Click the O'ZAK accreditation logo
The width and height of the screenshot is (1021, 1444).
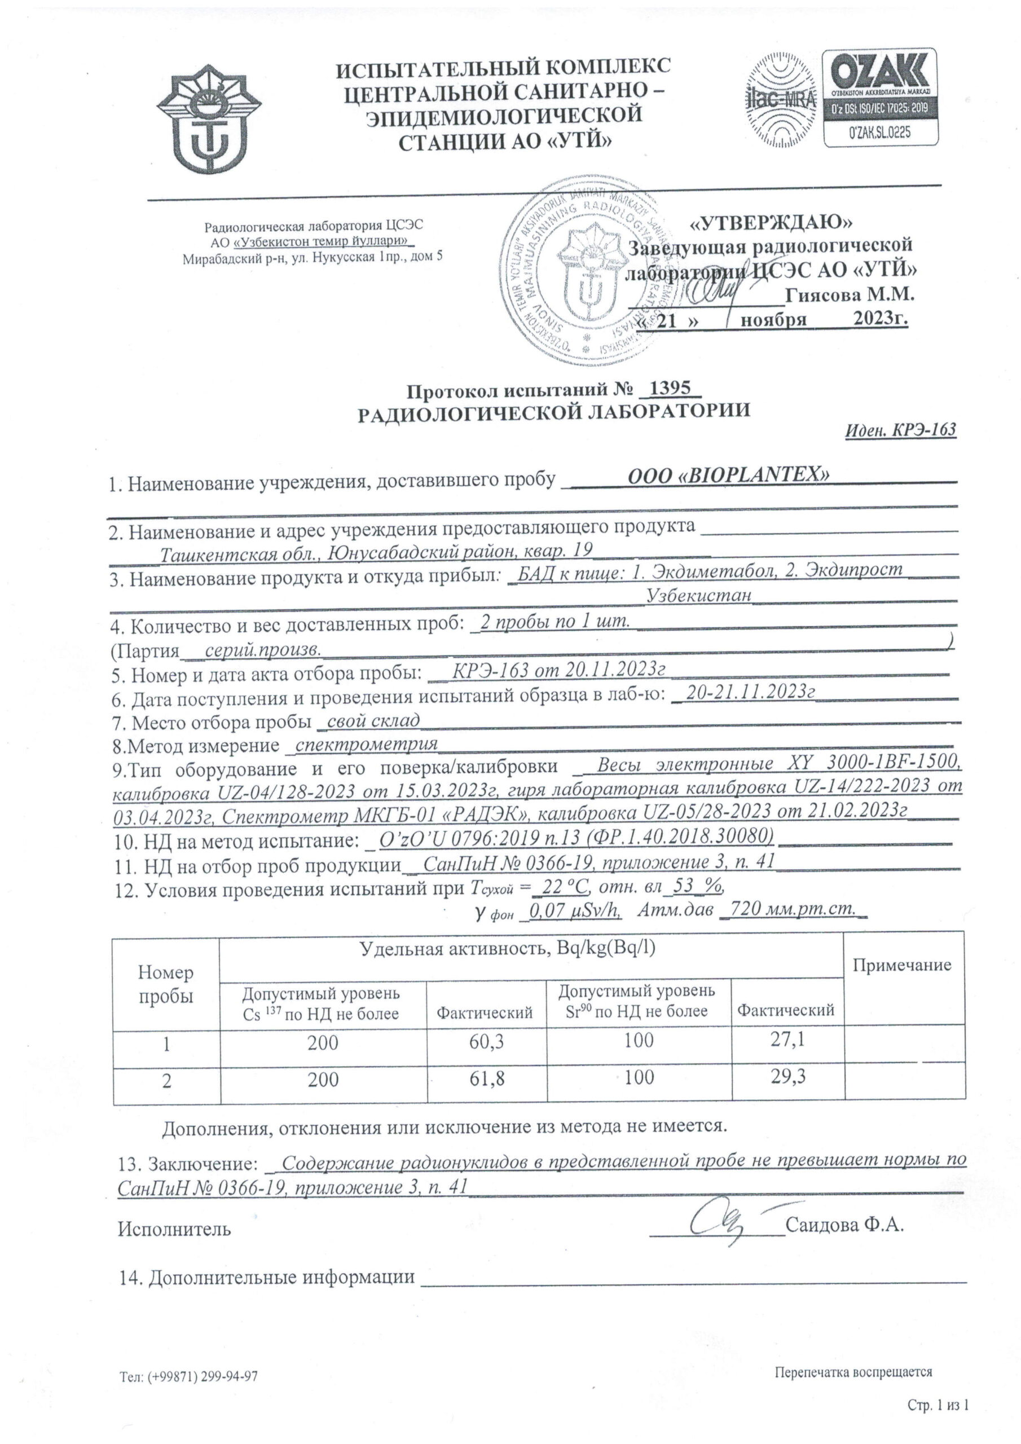click(880, 99)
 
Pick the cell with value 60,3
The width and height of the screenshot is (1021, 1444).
click(486, 1043)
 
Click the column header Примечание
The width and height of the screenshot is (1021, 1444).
click(901, 965)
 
